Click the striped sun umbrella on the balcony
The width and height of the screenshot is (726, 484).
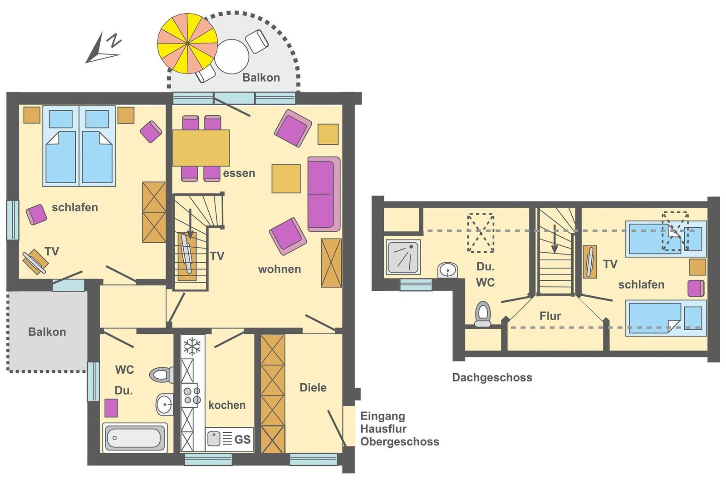click(187, 43)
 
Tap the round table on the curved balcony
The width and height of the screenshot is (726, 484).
click(231, 57)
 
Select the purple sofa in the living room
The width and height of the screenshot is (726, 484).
click(324, 194)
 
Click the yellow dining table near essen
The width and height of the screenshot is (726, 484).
click(201, 148)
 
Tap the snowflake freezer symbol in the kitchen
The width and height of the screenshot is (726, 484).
click(192, 346)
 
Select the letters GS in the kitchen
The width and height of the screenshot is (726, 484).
click(242, 439)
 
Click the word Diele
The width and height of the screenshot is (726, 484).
click(313, 387)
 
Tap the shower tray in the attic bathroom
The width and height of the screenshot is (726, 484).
click(403, 257)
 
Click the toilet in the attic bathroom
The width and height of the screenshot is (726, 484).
click(483, 313)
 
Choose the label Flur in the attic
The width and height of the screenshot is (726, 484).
click(550, 316)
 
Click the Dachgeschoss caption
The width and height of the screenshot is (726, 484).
click(492, 377)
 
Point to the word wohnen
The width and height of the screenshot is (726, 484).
click(280, 269)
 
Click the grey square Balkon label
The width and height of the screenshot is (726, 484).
click(47, 332)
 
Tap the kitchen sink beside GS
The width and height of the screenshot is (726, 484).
click(214, 439)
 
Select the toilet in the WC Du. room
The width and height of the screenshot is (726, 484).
click(161, 375)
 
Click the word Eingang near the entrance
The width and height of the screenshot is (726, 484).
click(383, 416)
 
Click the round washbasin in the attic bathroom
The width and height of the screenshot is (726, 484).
click(447, 270)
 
